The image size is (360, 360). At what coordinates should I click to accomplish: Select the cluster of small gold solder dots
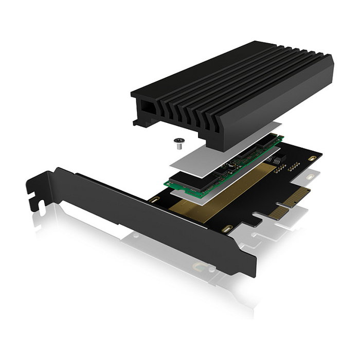(x=294, y=167)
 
